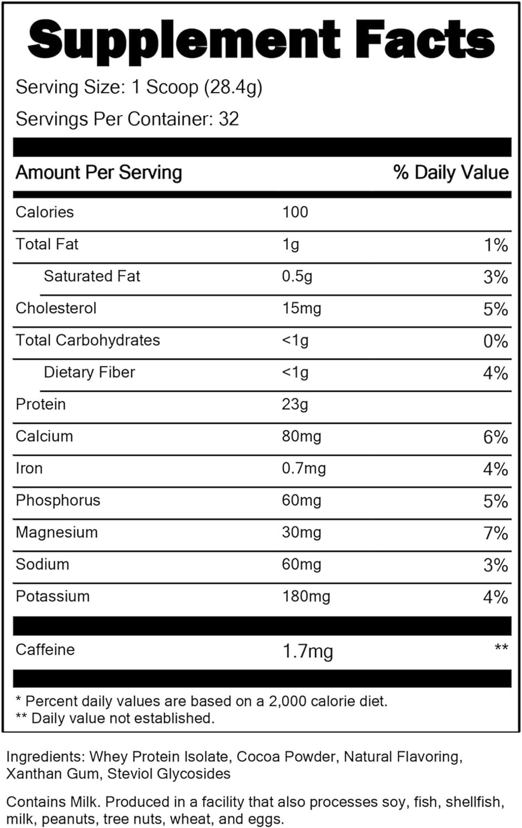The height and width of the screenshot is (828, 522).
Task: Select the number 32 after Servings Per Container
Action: point(228,119)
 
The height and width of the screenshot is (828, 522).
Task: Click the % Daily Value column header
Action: point(451,172)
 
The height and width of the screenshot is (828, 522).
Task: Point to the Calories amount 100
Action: point(295,212)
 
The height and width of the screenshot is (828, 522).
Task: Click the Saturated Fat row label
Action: point(92,276)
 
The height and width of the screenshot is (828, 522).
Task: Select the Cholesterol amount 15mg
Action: point(301,308)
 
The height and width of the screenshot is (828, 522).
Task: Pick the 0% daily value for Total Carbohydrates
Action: point(495,341)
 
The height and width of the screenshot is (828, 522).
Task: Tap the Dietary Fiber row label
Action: point(89,373)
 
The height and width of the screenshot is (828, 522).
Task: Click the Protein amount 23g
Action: point(295,405)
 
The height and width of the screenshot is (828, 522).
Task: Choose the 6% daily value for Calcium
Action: point(495,437)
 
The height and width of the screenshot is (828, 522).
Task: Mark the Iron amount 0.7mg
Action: point(303,469)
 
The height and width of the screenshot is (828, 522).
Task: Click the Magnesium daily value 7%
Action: point(495,533)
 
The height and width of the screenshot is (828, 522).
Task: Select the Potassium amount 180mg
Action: point(306,597)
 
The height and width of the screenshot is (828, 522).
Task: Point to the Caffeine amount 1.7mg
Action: point(308,651)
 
